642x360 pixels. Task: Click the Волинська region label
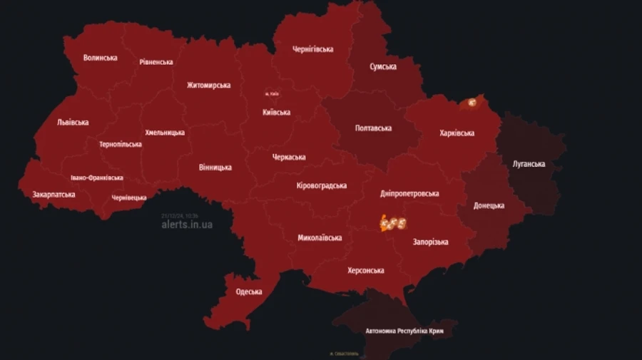tap(101, 58)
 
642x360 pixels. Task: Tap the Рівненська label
tap(156, 62)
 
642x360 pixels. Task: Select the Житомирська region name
tap(208, 86)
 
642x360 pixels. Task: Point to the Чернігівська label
tap(313, 49)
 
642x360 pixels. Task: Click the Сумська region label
tap(383, 67)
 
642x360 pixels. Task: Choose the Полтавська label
tap(374, 128)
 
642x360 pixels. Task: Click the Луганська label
tap(529, 164)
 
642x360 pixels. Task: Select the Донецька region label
tap(489, 206)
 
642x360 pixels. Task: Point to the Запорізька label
tap(430, 242)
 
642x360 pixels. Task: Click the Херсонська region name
tap(366, 271)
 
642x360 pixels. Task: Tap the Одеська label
tap(249, 292)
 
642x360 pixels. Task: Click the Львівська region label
tap(73, 123)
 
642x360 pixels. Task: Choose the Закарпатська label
tap(53, 195)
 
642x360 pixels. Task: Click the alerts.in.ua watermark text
tap(187, 225)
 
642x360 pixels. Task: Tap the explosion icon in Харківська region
tap(471, 103)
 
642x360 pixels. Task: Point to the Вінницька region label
tap(215, 168)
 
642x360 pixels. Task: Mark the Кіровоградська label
tap(322, 186)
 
